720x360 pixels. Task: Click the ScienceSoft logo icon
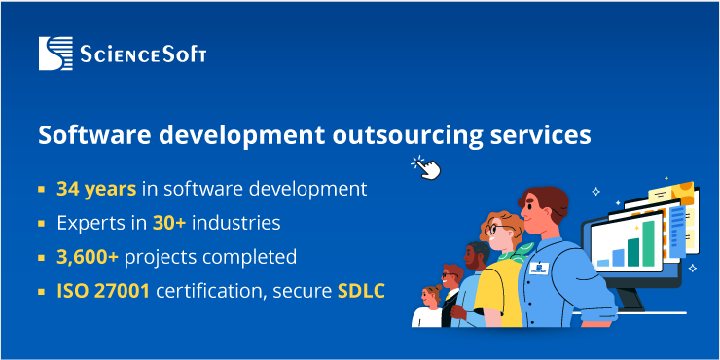click(x=55, y=54)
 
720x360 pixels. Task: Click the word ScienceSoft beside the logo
click(x=143, y=54)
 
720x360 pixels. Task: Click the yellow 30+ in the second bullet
click(x=168, y=223)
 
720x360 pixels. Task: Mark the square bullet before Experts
click(x=42, y=224)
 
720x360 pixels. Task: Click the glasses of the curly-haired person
click(x=495, y=232)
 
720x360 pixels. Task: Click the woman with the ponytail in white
click(x=429, y=307)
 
